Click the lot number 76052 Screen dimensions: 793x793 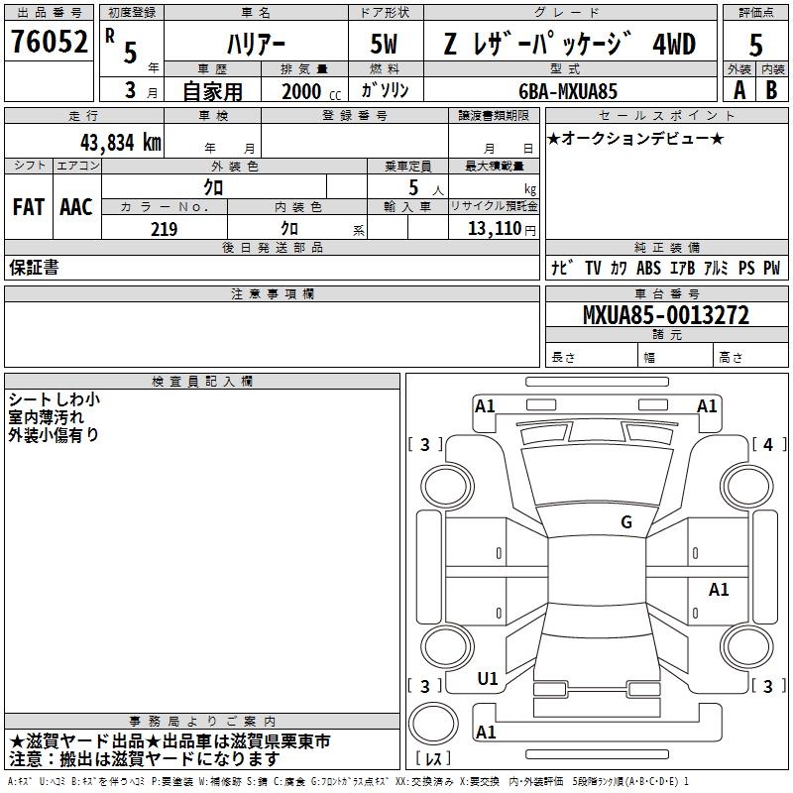pyautogui.click(x=49, y=41)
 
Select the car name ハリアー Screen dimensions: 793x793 pyautogui.click(x=256, y=45)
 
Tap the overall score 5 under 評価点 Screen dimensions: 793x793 pyautogui.click(x=755, y=45)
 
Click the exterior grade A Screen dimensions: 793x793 pyautogui.click(x=739, y=90)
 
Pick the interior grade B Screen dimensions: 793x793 pyautogui.click(x=771, y=90)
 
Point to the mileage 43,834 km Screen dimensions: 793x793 pyautogui.click(x=121, y=143)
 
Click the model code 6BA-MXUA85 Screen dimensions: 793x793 pyautogui.click(x=568, y=91)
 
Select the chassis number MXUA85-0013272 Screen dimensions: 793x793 pyautogui.click(x=666, y=315)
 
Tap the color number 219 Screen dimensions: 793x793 pyautogui.click(x=164, y=229)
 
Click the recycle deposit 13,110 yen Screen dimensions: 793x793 pyautogui.click(x=502, y=229)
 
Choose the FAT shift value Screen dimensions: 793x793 pyautogui.click(x=29, y=207)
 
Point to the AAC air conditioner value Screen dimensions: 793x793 pyautogui.click(x=76, y=207)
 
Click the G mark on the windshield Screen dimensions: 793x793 pyautogui.click(x=626, y=521)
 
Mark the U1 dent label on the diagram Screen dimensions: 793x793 pyautogui.click(x=488, y=679)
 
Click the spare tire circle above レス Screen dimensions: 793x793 pyautogui.click(x=433, y=723)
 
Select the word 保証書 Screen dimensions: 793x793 pyautogui.click(x=34, y=268)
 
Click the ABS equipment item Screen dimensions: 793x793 pyautogui.click(x=648, y=268)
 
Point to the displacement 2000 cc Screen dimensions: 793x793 pyautogui.click(x=311, y=91)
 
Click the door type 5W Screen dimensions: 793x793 pyautogui.click(x=384, y=44)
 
